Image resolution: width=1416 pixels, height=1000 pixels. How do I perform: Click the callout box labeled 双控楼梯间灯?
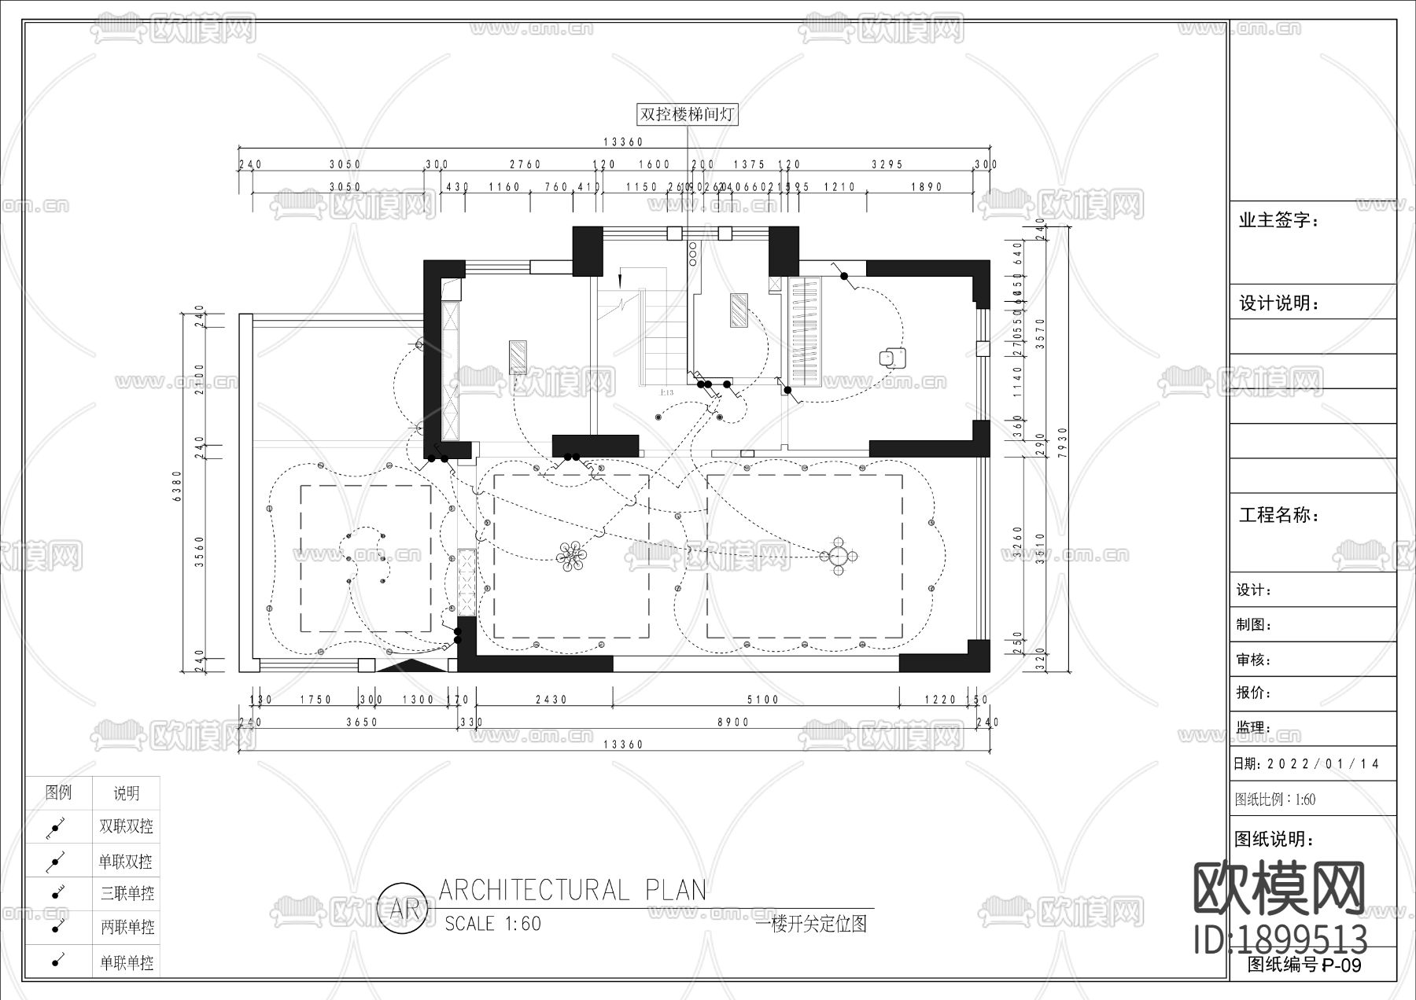(x=687, y=115)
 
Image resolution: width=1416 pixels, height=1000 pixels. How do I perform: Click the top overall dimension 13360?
(x=623, y=142)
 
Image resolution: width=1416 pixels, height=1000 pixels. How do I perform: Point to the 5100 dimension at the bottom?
(x=762, y=699)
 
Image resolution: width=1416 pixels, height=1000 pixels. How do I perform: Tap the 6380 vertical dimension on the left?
(x=178, y=488)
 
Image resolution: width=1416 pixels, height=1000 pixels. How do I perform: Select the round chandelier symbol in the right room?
(x=839, y=556)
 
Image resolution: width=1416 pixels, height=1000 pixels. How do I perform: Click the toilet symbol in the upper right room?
(x=892, y=357)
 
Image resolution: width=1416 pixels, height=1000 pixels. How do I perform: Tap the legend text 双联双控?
(x=126, y=826)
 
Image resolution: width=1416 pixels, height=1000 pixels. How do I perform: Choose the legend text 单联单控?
(x=126, y=962)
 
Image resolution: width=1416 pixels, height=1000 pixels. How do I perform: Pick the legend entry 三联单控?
(x=126, y=893)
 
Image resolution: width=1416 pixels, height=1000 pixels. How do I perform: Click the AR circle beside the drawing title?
(x=404, y=909)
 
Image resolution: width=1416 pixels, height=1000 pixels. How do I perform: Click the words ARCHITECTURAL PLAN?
(x=572, y=890)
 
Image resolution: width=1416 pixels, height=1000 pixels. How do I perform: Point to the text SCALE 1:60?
(x=492, y=924)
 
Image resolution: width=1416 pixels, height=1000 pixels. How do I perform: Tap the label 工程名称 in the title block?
(x=1279, y=516)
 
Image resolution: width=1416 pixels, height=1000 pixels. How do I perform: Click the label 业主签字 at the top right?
(x=1279, y=220)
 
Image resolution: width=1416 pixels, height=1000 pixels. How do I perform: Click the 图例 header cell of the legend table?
(x=59, y=792)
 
